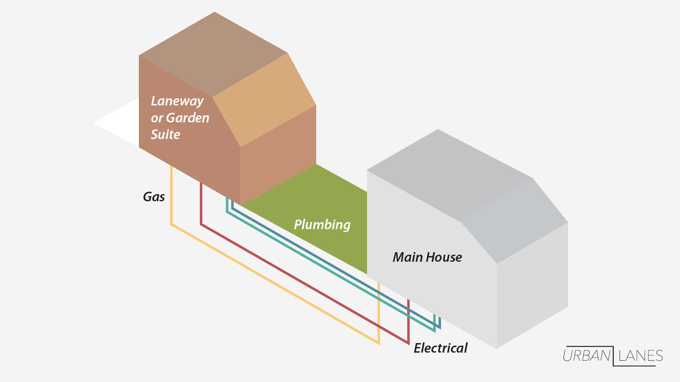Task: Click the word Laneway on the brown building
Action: (177, 101)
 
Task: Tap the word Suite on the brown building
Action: (165, 134)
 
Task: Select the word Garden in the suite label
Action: (188, 118)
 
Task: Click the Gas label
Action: (154, 197)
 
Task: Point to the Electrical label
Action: (441, 348)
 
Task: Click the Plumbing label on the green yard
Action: (322, 225)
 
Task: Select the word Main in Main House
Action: (408, 257)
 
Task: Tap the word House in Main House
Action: (445, 257)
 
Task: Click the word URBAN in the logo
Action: (586, 356)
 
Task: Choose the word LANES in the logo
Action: (641, 356)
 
